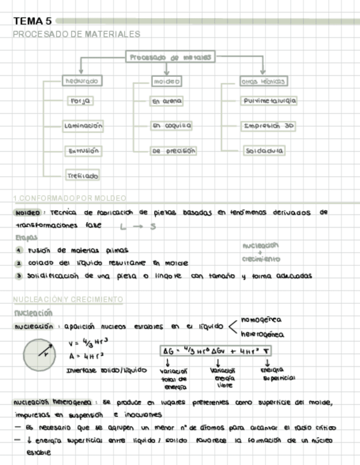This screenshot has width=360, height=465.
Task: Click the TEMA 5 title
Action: click(33, 21)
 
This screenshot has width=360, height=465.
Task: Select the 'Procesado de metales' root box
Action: click(171, 57)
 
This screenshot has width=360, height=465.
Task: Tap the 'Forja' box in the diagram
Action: click(80, 101)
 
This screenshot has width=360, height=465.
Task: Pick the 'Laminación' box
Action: click(83, 126)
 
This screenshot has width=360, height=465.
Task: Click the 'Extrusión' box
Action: click(83, 150)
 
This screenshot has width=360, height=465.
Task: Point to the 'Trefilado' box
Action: click(83, 175)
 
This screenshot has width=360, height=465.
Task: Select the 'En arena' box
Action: click(167, 101)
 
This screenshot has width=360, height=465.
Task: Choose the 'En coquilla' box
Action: click(171, 126)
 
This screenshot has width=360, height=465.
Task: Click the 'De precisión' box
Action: click(173, 150)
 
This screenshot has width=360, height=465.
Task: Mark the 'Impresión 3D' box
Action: click(269, 126)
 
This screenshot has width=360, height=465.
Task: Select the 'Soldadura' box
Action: click(265, 150)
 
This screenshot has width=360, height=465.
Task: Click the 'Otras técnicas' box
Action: click(263, 81)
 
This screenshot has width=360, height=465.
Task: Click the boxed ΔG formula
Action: click(217, 350)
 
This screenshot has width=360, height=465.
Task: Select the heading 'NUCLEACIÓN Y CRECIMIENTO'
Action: click(68, 299)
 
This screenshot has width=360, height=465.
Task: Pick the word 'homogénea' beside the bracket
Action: click(261, 320)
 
